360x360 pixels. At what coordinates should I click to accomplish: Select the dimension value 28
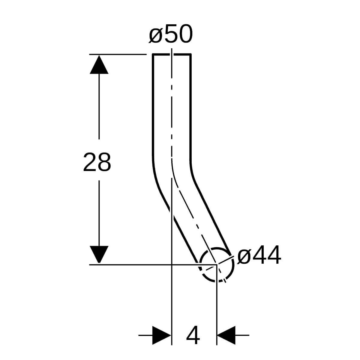(x=97, y=162)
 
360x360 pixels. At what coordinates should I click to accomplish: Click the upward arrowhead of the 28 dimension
(x=99, y=64)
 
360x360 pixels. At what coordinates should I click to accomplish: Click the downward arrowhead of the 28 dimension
(x=99, y=254)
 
